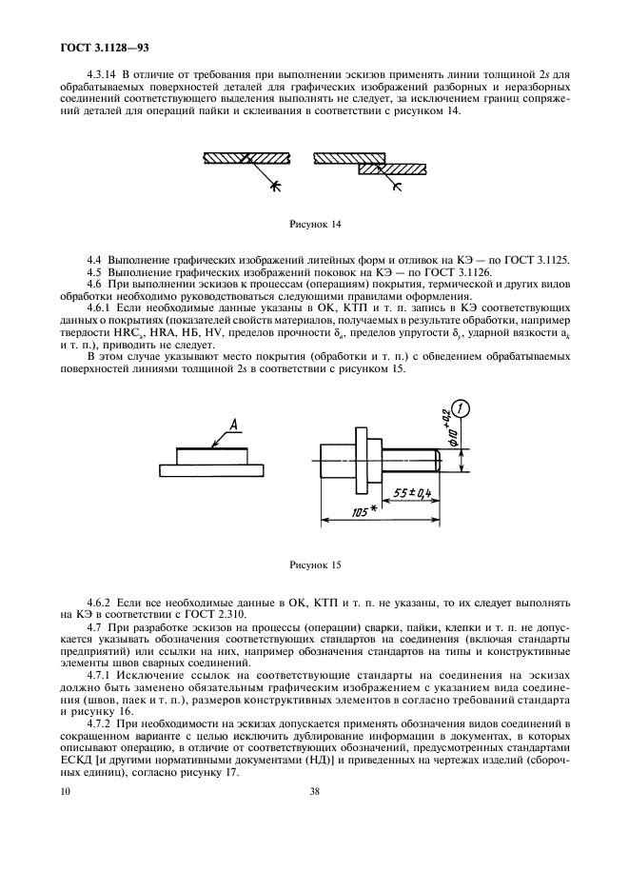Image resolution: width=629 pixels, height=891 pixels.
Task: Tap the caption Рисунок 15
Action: pyautogui.click(x=314, y=564)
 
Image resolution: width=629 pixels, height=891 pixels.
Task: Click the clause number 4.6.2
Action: pyautogui.click(x=101, y=604)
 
